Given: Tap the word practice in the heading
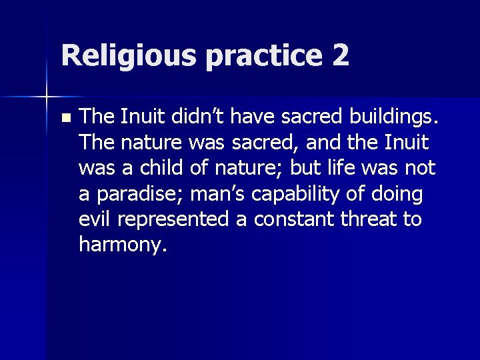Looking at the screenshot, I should click(x=263, y=55).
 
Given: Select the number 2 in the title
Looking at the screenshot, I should click(x=339, y=55).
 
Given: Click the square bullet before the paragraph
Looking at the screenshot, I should click(x=64, y=118).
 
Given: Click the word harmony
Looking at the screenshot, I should click(x=122, y=245).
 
